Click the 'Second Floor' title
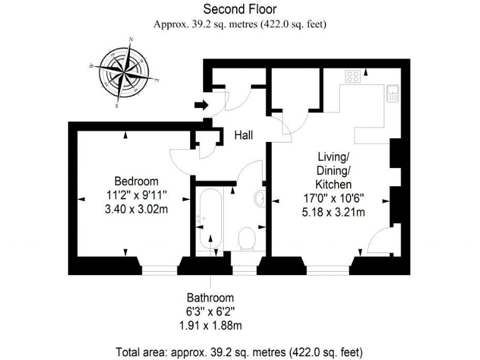coord(239,9)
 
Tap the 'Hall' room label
coord(244,134)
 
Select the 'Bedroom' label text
coord(136,181)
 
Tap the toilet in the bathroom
coord(247,238)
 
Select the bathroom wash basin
coord(261,199)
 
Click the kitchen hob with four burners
coord(353,76)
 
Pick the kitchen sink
coord(394,94)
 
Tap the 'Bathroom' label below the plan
coord(210,298)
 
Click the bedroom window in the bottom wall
coord(159,269)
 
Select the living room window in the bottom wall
coord(327,269)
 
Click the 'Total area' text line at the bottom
coord(239,351)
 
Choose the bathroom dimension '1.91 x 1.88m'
coord(210,326)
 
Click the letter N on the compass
coord(131,39)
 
